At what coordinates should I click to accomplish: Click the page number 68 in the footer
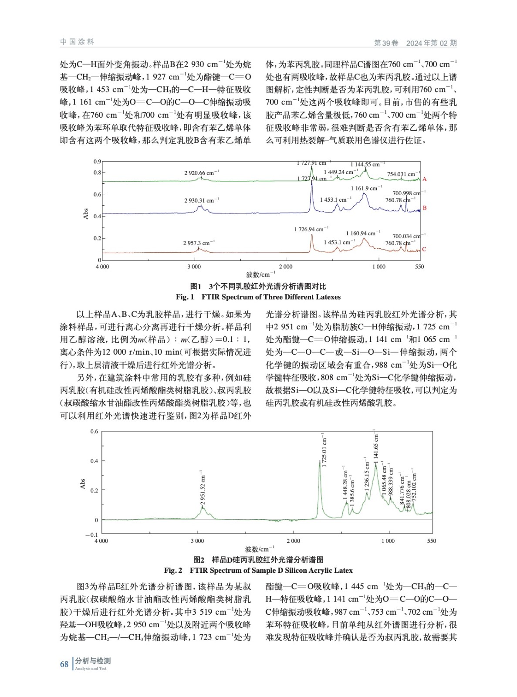pos(64,664)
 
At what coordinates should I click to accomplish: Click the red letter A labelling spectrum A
pos(424,179)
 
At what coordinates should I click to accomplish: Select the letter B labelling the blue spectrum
pos(424,208)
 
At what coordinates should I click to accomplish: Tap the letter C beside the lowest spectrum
pos(424,249)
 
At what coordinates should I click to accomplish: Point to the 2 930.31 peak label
pos(201,200)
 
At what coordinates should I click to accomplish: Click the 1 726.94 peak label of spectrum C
pos(311,229)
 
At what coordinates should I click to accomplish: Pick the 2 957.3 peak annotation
pos(199,243)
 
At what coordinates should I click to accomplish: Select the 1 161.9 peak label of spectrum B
pos(366,188)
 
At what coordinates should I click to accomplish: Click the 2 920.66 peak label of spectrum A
pos(201,173)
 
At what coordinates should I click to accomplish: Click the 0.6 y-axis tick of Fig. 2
pos(94,432)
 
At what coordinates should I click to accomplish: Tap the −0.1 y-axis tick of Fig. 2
pos(91,535)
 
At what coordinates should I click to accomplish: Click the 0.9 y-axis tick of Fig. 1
pos(97,162)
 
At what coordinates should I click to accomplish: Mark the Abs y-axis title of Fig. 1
pos(86,213)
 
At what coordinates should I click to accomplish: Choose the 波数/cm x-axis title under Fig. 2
pos(260,549)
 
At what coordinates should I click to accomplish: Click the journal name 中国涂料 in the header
pos(77,42)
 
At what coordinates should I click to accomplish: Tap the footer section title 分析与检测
pos(93,661)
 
